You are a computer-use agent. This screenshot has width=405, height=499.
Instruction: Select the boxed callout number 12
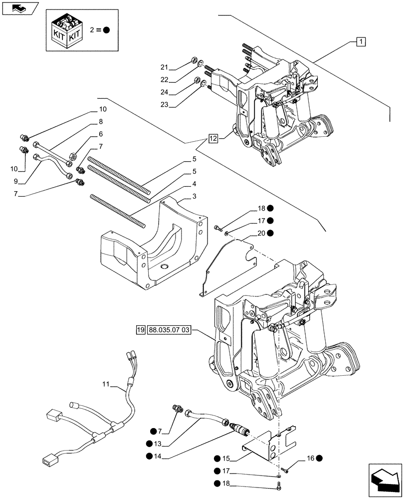213,139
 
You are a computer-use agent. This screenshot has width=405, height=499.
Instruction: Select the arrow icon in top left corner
20,8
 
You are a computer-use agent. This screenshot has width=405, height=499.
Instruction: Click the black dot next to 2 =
107,29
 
